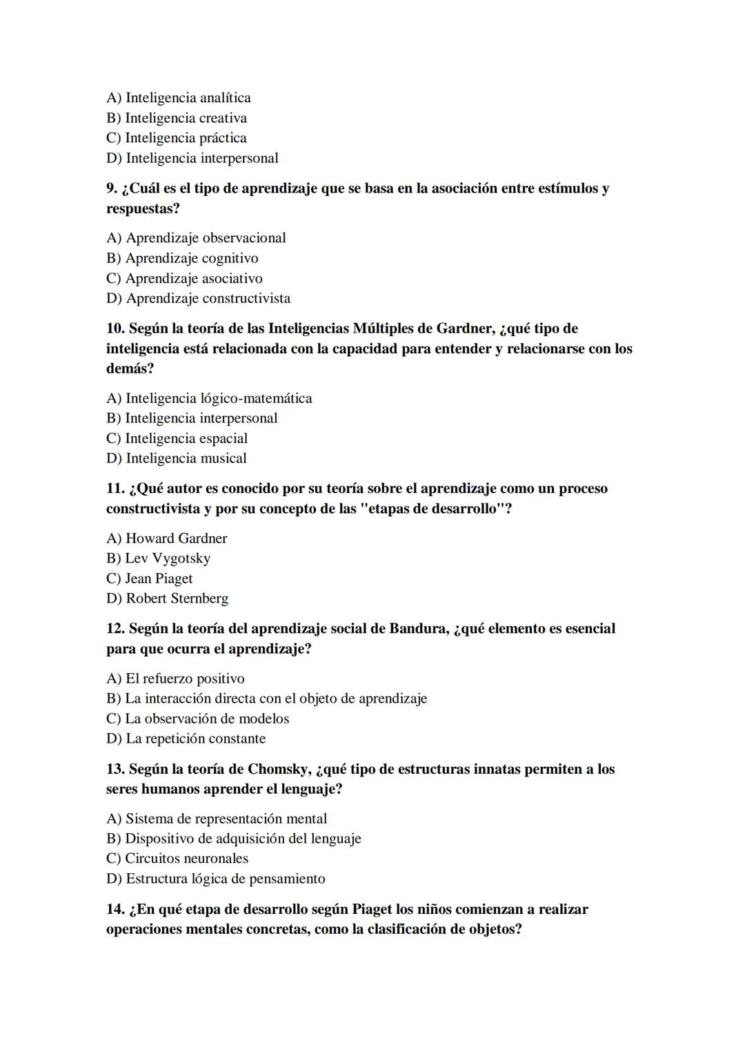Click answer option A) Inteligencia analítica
point(178,98)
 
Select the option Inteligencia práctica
point(176,138)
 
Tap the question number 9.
point(112,188)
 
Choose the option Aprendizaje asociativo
point(184,279)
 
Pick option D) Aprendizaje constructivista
point(198,299)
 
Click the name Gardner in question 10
point(462,329)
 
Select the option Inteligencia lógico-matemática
point(209,398)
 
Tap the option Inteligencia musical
point(176,458)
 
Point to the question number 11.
point(115,489)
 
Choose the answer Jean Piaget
point(150,578)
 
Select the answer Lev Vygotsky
point(158,558)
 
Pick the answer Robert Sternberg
point(167,598)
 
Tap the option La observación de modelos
point(197,719)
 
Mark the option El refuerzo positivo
point(175,679)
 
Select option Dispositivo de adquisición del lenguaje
point(233,839)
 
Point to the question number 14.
point(115,909)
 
